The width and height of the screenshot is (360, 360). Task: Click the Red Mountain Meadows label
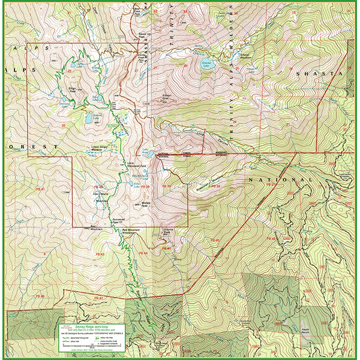[x=134, y=231]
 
